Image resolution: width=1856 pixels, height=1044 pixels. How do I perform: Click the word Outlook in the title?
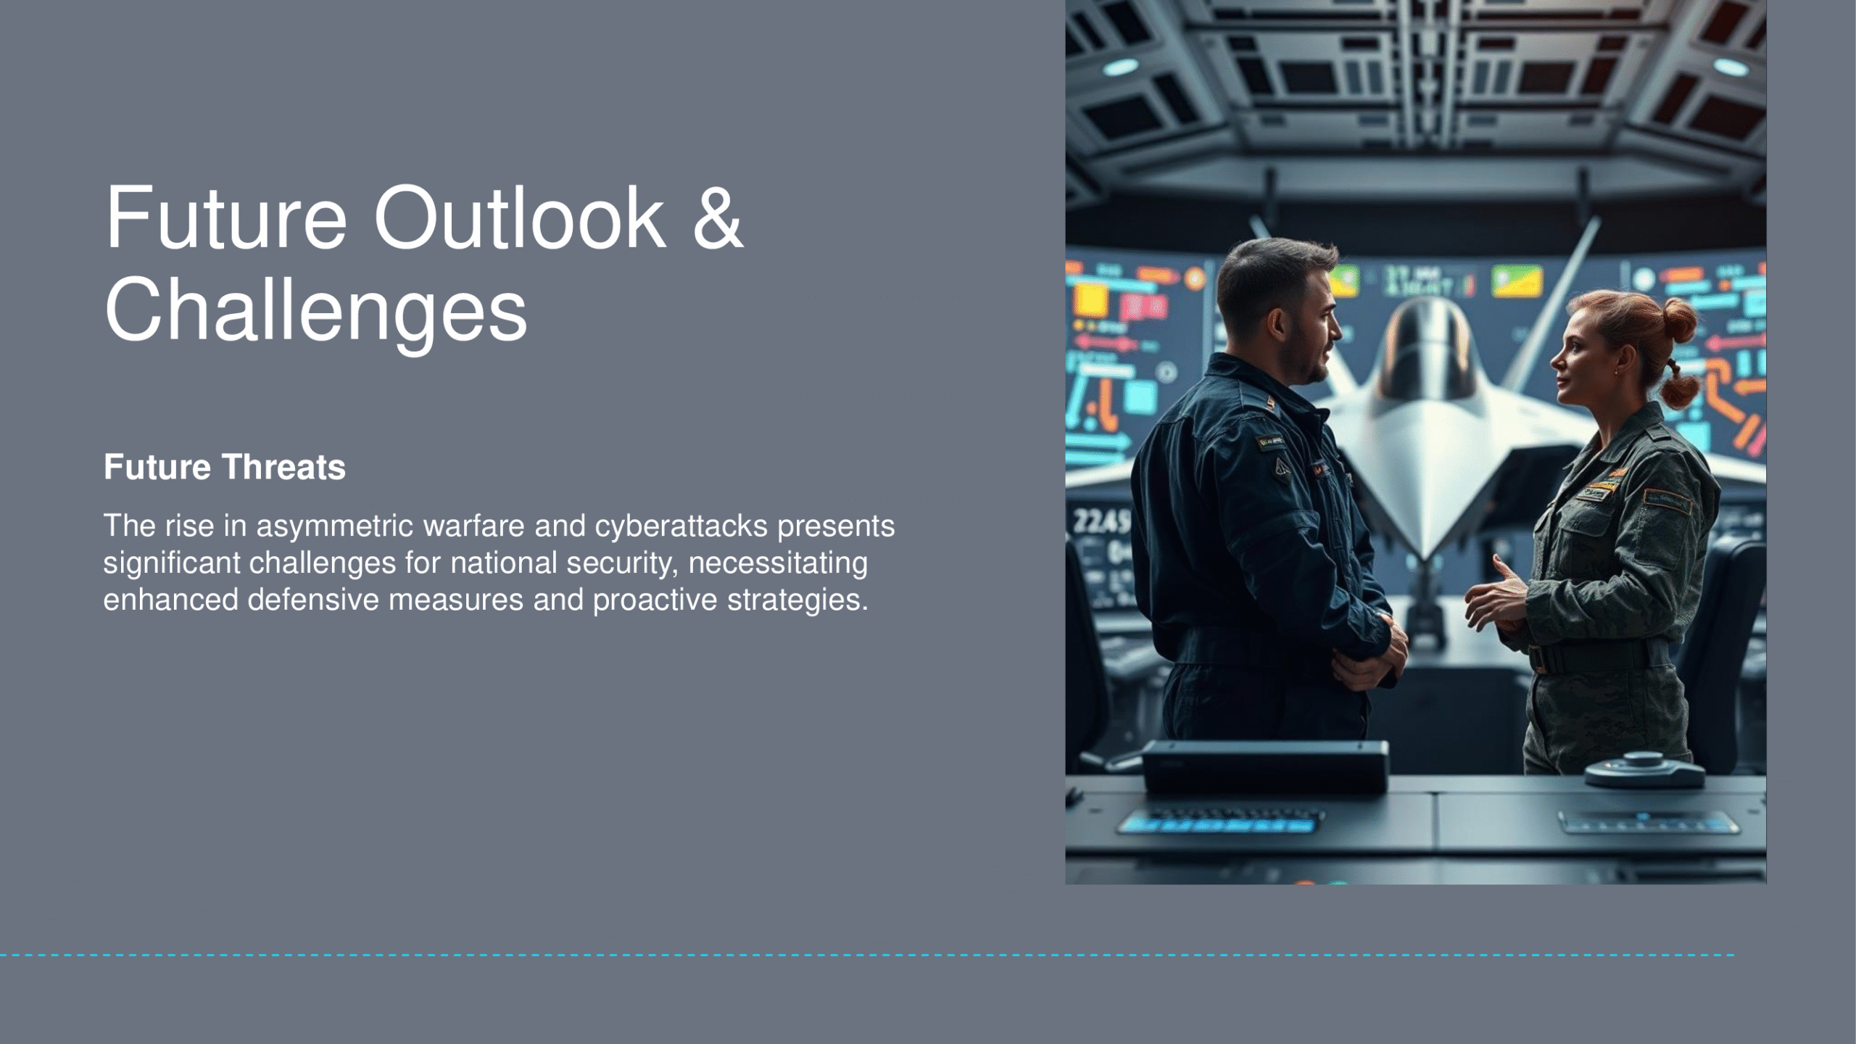[x=519, y=217]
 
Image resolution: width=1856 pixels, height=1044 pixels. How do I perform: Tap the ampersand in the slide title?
[x=718, y=217]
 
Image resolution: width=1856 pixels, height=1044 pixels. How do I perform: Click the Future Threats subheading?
[x=225, y=467]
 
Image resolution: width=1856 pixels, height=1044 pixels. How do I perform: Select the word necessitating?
[x=778, y=563]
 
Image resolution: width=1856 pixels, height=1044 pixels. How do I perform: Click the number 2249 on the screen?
[x=1100, y=521]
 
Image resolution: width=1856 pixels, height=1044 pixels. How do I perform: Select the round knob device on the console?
[x=1644, y=771]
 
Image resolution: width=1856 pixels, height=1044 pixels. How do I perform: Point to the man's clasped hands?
[x=1367, y=656]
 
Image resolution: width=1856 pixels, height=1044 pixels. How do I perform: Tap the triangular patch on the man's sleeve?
[x=1283, y=466]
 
